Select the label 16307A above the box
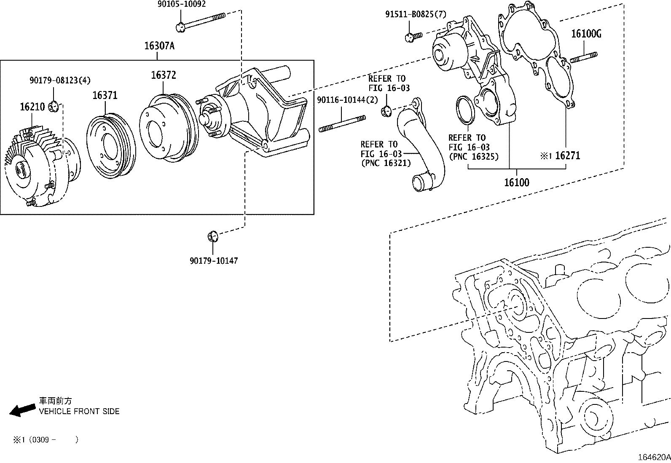159,45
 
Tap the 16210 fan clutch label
32,107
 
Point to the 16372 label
164,75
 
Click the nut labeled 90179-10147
213,236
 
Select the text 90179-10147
213,261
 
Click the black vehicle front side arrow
22,409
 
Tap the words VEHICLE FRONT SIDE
79,411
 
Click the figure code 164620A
654,457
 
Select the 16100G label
586,34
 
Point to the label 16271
567,155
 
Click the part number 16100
517,182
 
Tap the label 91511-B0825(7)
415,14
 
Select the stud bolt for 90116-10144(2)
342,125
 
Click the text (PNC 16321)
386,163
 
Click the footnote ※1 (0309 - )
45,439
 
